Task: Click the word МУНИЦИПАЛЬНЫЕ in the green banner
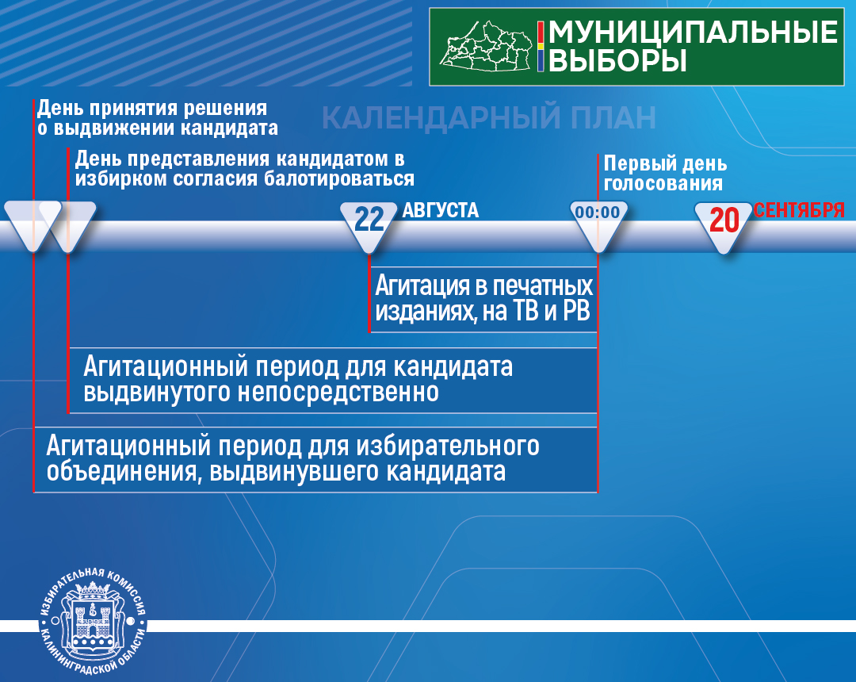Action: (x=693, y=33)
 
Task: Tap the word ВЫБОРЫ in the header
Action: (x=617, y=60)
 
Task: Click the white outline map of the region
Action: (x=487, y=47)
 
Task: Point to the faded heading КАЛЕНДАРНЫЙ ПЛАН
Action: (x=488, y=117)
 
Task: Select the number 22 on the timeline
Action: (x=369, y=220)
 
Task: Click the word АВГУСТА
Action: (x=440, y=210)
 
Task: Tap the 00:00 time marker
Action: (x=598, y=213)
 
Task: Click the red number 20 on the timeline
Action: (x=724, y=220)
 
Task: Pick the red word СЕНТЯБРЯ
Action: (x=799, y=210)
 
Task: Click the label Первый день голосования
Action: (x=665, y=173)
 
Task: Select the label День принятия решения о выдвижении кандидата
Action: (x=157, y=118)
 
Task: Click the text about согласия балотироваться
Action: (x=245, y=169)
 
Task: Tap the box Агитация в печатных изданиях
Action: (x=483, y=299)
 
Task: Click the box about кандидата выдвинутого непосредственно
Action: (x=333, y=380)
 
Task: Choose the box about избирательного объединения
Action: (x=316, y=459)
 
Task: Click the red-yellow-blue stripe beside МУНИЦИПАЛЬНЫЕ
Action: (x=541, y=47)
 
